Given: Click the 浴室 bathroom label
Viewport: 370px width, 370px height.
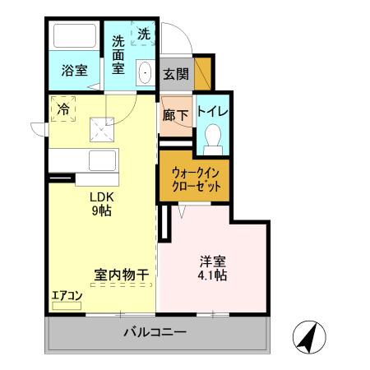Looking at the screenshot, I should (75, 71).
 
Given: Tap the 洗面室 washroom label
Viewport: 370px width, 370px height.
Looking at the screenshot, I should (118, 53).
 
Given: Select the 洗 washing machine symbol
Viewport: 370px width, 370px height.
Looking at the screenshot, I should (144, 35).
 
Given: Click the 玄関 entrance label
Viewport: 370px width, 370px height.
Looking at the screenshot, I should (175, 75).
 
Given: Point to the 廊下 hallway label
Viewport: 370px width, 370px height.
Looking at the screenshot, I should (175, 114).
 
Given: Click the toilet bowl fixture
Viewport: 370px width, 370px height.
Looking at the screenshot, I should (213, 136).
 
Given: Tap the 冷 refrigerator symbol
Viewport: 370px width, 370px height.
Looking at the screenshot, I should (62, 107).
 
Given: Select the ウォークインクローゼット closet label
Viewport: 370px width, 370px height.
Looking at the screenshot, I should (196, 179).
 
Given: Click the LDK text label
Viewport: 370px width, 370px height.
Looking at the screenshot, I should (102, 197).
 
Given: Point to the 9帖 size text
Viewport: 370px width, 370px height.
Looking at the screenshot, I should (102, 210).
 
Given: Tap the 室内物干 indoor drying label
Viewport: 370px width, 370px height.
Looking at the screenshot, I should (121, 276).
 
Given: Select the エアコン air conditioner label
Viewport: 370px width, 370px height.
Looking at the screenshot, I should (67, 294).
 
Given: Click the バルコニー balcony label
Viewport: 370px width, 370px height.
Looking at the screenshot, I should (155, 334).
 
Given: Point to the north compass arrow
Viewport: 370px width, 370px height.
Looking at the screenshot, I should (309, 336).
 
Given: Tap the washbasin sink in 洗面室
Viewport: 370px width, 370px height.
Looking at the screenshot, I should (145, 72).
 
